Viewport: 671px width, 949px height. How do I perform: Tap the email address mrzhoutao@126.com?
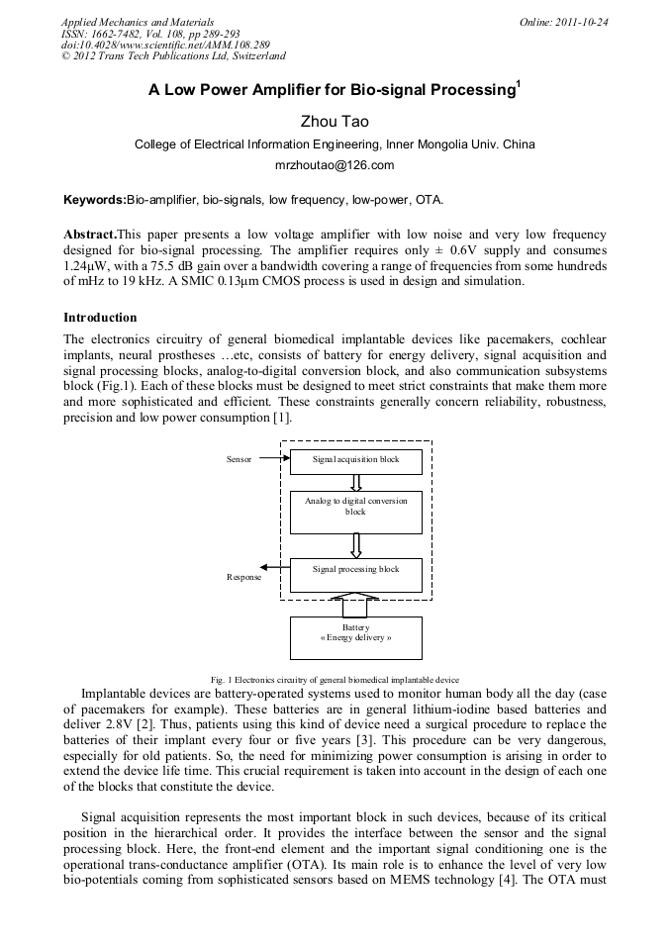[x=335, y=165]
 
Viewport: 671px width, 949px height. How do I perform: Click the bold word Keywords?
[x=94, y=200]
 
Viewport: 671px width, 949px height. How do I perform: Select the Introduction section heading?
[x=100, y=318]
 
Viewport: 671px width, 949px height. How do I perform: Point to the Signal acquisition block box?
[x=355, y=461]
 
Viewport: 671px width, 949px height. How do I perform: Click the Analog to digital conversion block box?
[x=355, y=507]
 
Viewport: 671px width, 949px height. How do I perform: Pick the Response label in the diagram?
[x=244, y=577]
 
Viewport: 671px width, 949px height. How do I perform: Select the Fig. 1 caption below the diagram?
[x=335, y=680]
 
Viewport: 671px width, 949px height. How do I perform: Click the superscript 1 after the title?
[x=518, y=84]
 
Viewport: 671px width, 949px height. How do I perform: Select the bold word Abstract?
[x=90, y=235]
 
